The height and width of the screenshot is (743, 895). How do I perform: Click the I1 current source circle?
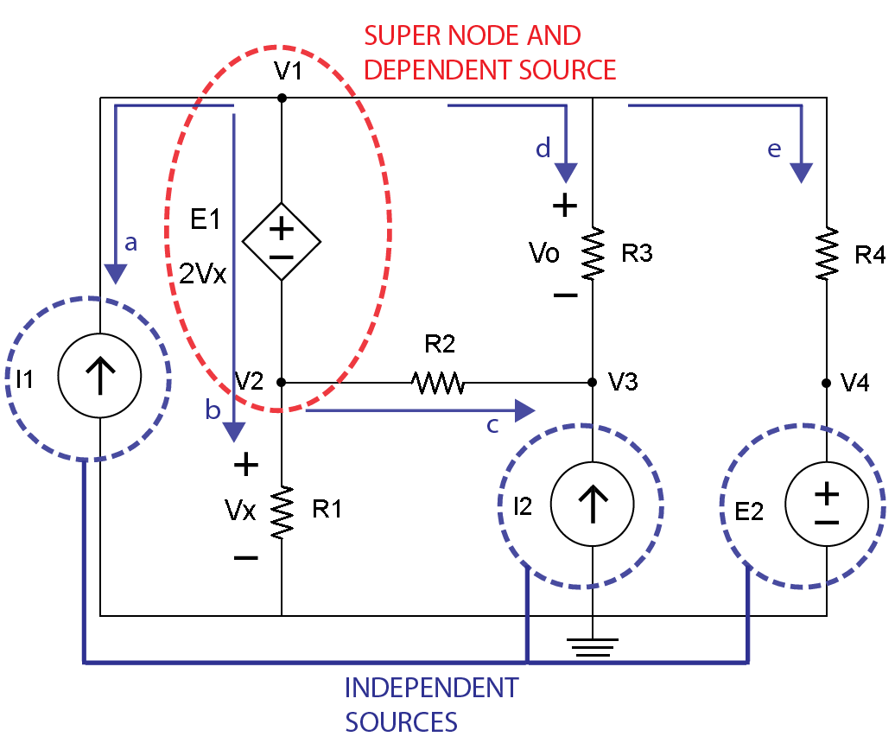(x=99, y=376)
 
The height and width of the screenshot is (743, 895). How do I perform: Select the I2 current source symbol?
(x=592, y=504)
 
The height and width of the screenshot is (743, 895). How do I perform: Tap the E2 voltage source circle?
(x=827, y=504)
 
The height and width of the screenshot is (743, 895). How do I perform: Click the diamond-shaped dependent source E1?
(x=282, y=242)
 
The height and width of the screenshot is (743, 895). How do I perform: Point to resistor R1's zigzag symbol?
(x=282, y=511)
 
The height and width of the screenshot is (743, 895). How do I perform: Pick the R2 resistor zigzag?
(x=438, y=382)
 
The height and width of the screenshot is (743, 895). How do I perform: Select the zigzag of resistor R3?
(x=592, y=253)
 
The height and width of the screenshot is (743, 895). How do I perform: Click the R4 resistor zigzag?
(x=827, y=253)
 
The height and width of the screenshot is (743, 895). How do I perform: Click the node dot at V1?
(x=282, y=98)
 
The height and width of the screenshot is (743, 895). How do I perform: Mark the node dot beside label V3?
(x=592, y=382)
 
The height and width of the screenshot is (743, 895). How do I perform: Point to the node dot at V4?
(x=827, y=382)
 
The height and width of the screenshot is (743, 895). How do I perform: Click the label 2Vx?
(x=202, y=274)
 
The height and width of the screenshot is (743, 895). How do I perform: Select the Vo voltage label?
(x=544, y=253)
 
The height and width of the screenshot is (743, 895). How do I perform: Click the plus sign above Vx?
(x=246, y=465)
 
